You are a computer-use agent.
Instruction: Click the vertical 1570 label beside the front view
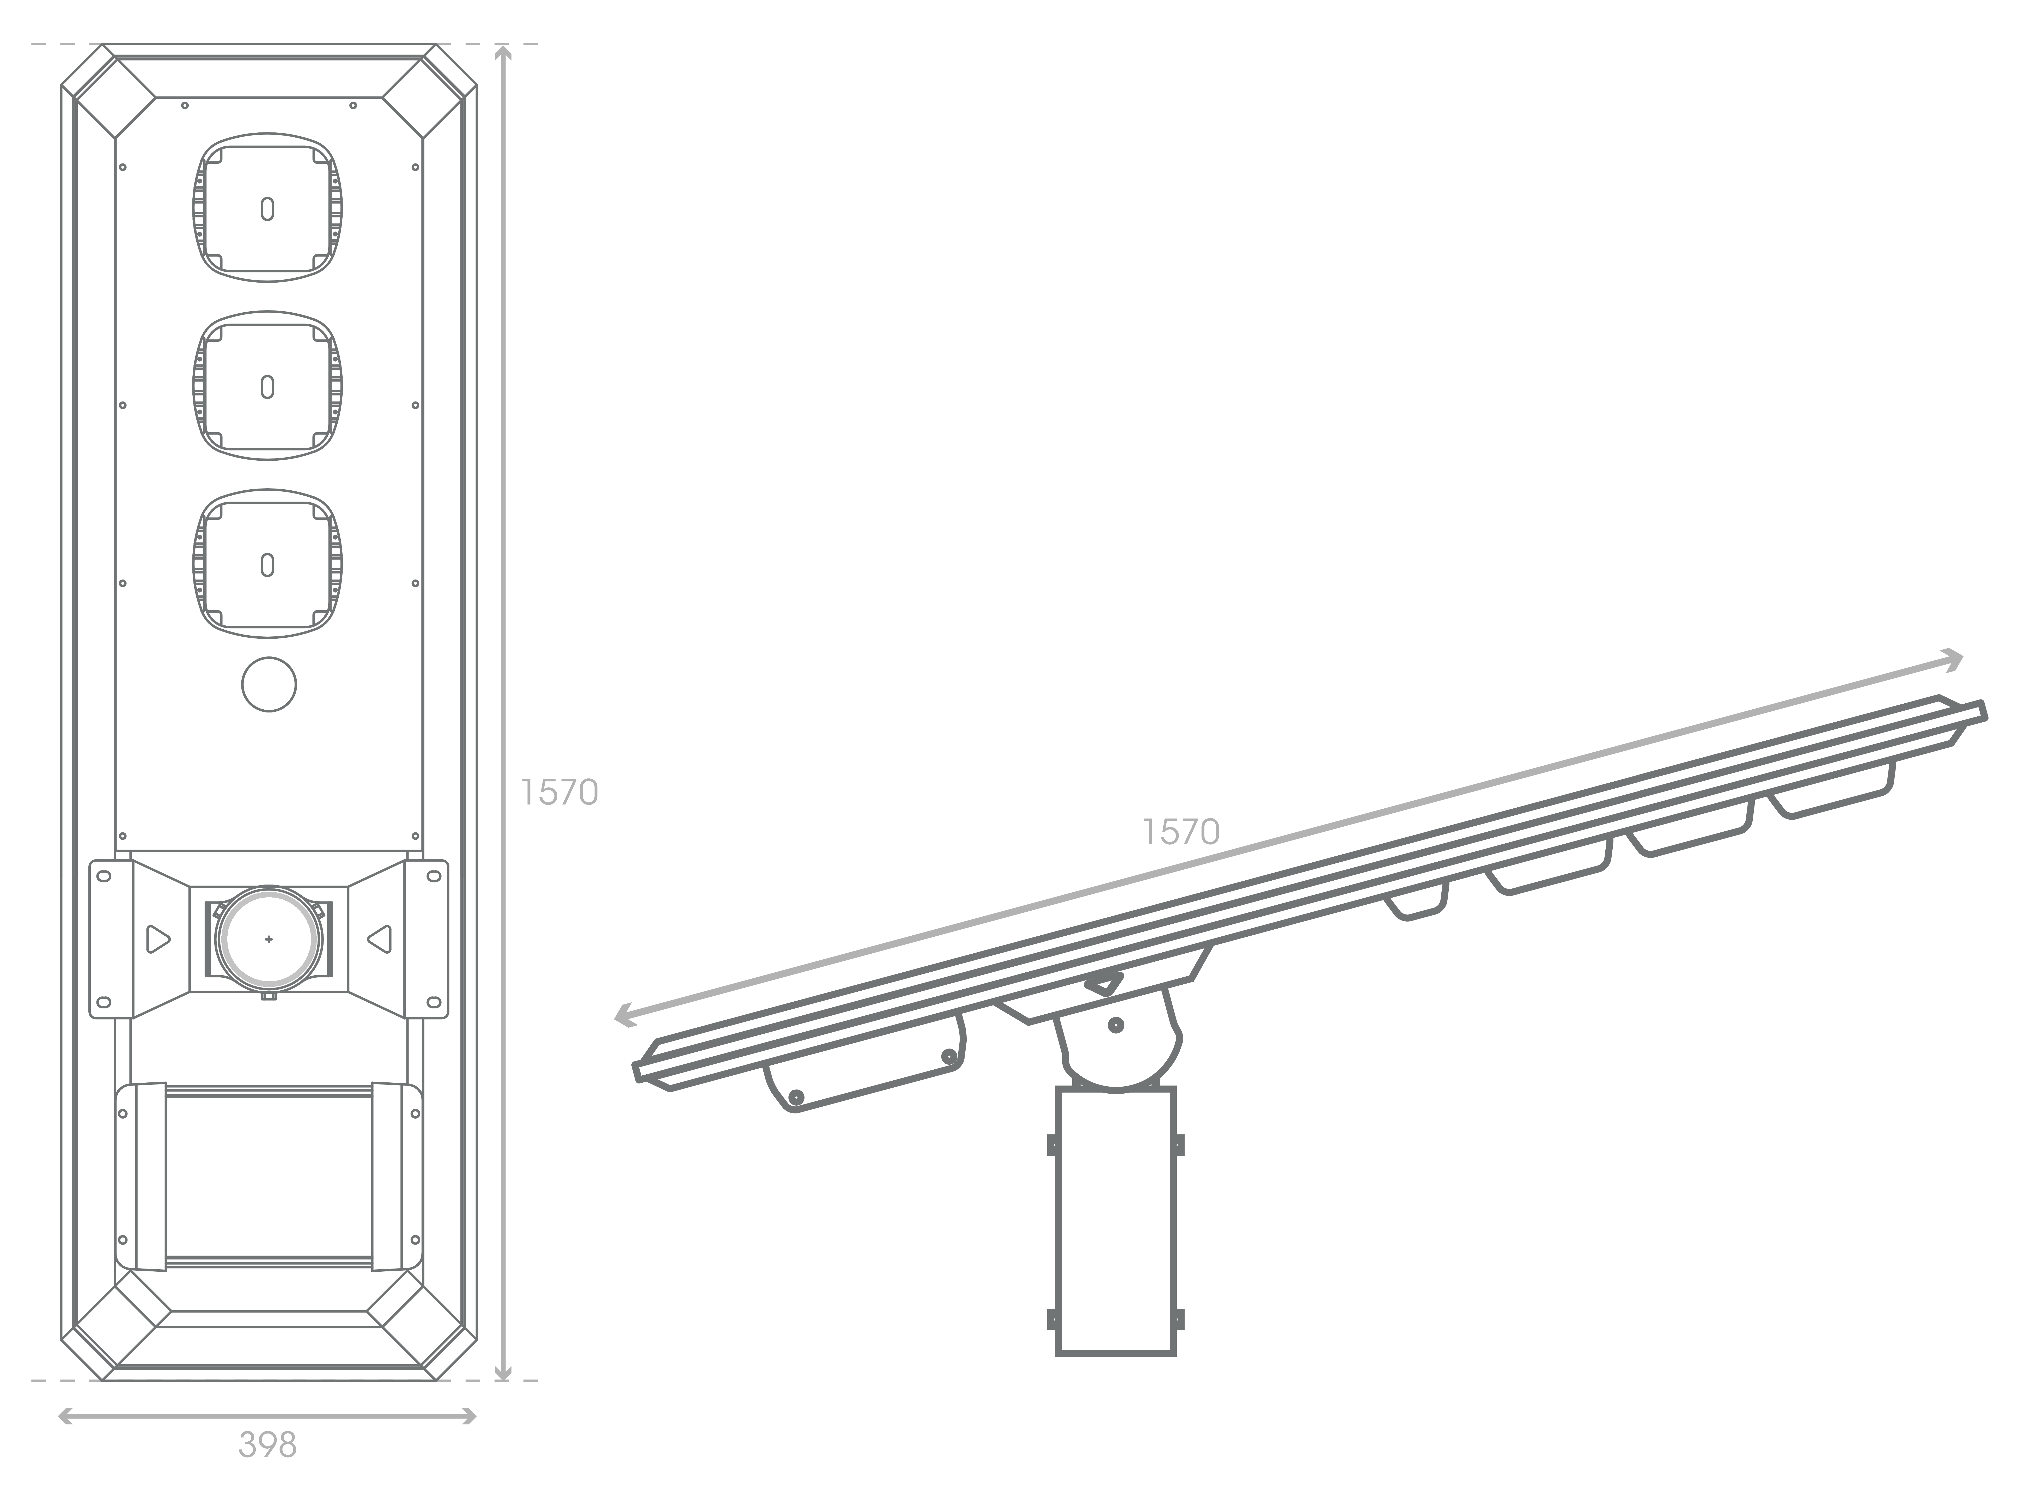pyautogui.click(x=559, y=792)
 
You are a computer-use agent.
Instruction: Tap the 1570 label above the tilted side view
pyautogui.click(x=1181, y=832)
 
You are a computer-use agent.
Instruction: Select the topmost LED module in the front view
pyautogui.click(x=267, y=208)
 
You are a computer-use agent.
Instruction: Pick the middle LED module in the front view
pyautogui.click(x=267, y=386)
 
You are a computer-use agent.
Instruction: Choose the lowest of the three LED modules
pyautogui.click(x=267, y=564)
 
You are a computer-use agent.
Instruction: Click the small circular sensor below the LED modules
pyautogui.click(x=269, y=684)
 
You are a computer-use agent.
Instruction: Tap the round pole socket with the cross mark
pyautogui.click(x=268, y=939)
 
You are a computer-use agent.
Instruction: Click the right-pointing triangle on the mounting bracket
pyautogui.click(x=157, y=939)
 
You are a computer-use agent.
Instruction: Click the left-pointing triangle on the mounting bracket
pyautogui.click(x=380, y=939)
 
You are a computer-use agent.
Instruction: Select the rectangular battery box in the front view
pyautogui.click(x=269, y=1177)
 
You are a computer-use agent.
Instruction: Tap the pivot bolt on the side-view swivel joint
pyautogui.click(x=1116, y=1024)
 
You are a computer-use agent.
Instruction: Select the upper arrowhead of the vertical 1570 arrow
pyautogui.click(x=504, y=52)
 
